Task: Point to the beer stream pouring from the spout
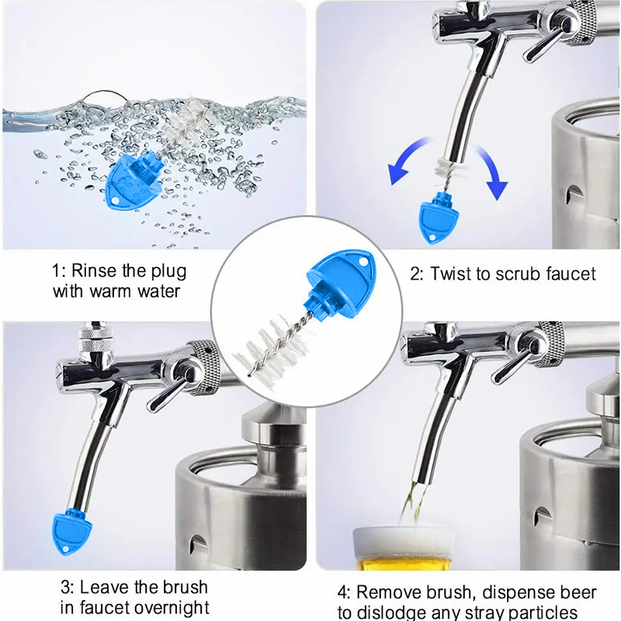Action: pos(411,502)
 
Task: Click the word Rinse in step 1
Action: pos(94,271)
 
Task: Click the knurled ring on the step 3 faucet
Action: pos(206,366)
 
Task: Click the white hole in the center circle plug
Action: pos(362,262)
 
